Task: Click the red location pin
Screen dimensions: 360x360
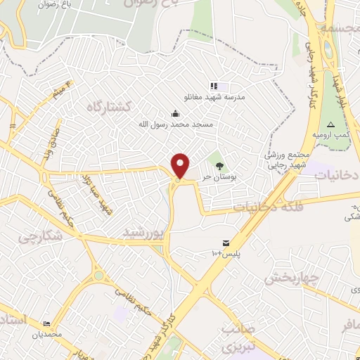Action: coord(181,165)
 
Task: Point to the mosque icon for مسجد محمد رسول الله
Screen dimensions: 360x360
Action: coord(175,113)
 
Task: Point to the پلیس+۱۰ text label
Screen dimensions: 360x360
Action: coord(224,253)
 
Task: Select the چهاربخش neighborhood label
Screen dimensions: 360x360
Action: coord(291,278)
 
